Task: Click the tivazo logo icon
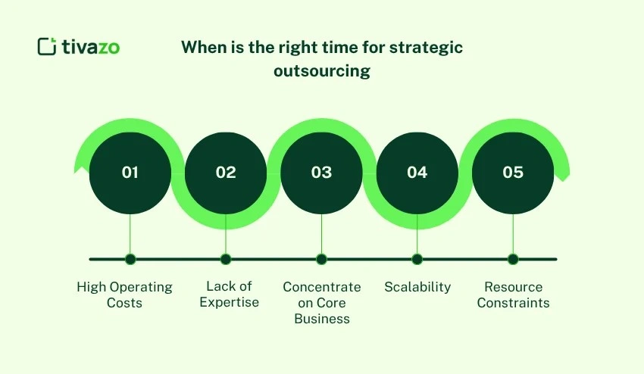point(47,46)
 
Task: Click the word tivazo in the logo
point(91,46)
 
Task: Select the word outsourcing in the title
point(322,71)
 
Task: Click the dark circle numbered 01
point(130,173)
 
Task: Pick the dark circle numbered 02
point(226,173)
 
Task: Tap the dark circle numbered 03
point(321,173)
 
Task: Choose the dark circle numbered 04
point(417,173)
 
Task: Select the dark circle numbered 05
point(513,173)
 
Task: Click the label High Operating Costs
point(124,295)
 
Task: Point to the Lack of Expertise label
point(229,295)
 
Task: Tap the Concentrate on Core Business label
point(322,303)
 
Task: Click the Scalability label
point(417,287)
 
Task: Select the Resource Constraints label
point(513,295)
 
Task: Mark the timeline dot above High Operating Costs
point(130,259)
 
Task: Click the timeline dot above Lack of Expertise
point(226,259)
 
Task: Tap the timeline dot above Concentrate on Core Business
point(321,259)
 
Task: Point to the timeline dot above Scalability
point(417,259)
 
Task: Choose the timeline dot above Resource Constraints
point(513,259)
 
